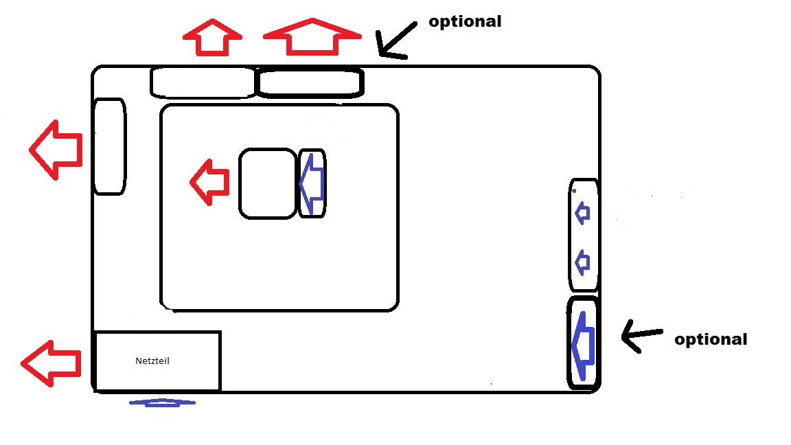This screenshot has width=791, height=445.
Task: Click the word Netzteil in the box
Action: click(x=152, y=361)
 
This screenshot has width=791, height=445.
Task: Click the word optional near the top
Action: click(x=465, y=21)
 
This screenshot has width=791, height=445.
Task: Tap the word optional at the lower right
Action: click(x=711, y=339)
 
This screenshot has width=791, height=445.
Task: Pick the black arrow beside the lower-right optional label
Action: click(x=641, y=336)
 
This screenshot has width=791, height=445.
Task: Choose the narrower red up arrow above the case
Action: click(x=212, y=37)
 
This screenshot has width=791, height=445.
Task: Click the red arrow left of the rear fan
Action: click(x=56, y=149)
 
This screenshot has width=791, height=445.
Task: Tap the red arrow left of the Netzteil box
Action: click(x=51, y=363)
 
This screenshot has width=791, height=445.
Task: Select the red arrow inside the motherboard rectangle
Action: click(x=209, y=182)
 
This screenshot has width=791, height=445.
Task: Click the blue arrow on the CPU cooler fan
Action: click(x=312, y=183)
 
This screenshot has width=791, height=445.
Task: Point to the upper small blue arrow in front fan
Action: click(x=582, y=214)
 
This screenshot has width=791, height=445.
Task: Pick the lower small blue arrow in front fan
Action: click(x=582, y=261)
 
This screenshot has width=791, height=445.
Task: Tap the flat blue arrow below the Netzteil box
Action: click(x=162, y=402)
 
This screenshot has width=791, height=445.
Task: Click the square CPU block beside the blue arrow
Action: click(x=268, y=183)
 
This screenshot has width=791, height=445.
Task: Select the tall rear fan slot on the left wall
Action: click(x=109, y=146)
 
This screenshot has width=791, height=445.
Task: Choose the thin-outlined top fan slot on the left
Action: click(x=203, y=82)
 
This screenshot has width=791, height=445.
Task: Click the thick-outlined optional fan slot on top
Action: click(x=310, y=83)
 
